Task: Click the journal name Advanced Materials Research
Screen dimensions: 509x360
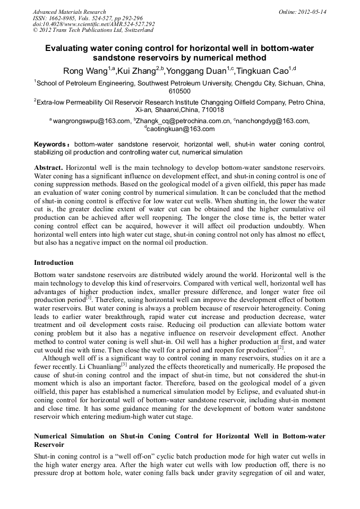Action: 69,12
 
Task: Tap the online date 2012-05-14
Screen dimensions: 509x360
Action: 313,12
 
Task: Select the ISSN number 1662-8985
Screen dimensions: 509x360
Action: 63,18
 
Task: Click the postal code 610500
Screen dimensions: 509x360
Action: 179,91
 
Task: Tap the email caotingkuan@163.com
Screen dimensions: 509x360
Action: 181,129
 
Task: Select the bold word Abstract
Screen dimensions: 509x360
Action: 49,167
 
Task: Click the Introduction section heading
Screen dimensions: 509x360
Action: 54,262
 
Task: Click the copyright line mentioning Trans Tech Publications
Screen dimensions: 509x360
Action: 93,31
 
